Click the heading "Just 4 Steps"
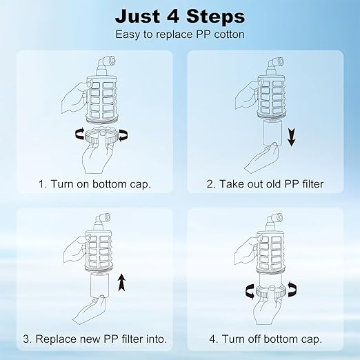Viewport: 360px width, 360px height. (x=180, y=17)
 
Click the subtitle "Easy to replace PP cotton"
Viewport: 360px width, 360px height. (x=180, y=34)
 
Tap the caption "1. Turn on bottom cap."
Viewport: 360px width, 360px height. (x=94, y=184)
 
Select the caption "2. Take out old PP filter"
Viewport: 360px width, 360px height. (x=265, y=184)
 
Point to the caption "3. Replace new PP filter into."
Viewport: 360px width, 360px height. (x=94, y=339)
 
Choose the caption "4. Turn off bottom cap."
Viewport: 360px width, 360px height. (x=266, y=339)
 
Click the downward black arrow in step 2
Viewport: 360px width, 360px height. (x=292, y=137)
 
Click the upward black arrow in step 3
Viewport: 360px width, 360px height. (x=121, y=283)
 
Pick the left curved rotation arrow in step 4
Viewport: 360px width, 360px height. (x=250, y=291)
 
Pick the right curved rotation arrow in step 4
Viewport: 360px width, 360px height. (x=292, y=289)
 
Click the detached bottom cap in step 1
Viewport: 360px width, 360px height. (x=102, y=137)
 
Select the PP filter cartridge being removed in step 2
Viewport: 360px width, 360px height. (x=272, y=132)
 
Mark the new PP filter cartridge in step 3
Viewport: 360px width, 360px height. (x=99, y=285)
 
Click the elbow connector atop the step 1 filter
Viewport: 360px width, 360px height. (x=106, y=65)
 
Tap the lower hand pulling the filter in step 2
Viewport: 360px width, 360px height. (x=262, y=157)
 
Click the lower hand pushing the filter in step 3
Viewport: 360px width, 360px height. (x=90, y=309)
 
